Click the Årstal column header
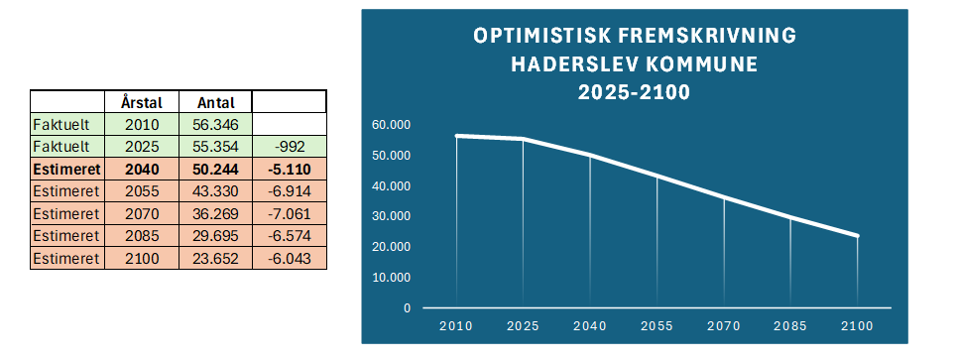[142, 102]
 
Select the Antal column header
[216, 102]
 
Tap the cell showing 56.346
[215, 125]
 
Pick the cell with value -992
[289, 147]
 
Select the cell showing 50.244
[215, 169]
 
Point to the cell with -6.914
[289, 191]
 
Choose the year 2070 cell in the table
[142, 214]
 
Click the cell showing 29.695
[215, 236]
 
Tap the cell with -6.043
[289, 259]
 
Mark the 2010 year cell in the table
[142, 125]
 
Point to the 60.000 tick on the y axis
[391, 125]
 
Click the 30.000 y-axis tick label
[391, 216]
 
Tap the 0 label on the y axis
[407, 308]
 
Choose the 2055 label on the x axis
[657, 326]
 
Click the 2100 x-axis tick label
[857, 326]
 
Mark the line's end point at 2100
[857, 235]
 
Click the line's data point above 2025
[523, 139]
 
